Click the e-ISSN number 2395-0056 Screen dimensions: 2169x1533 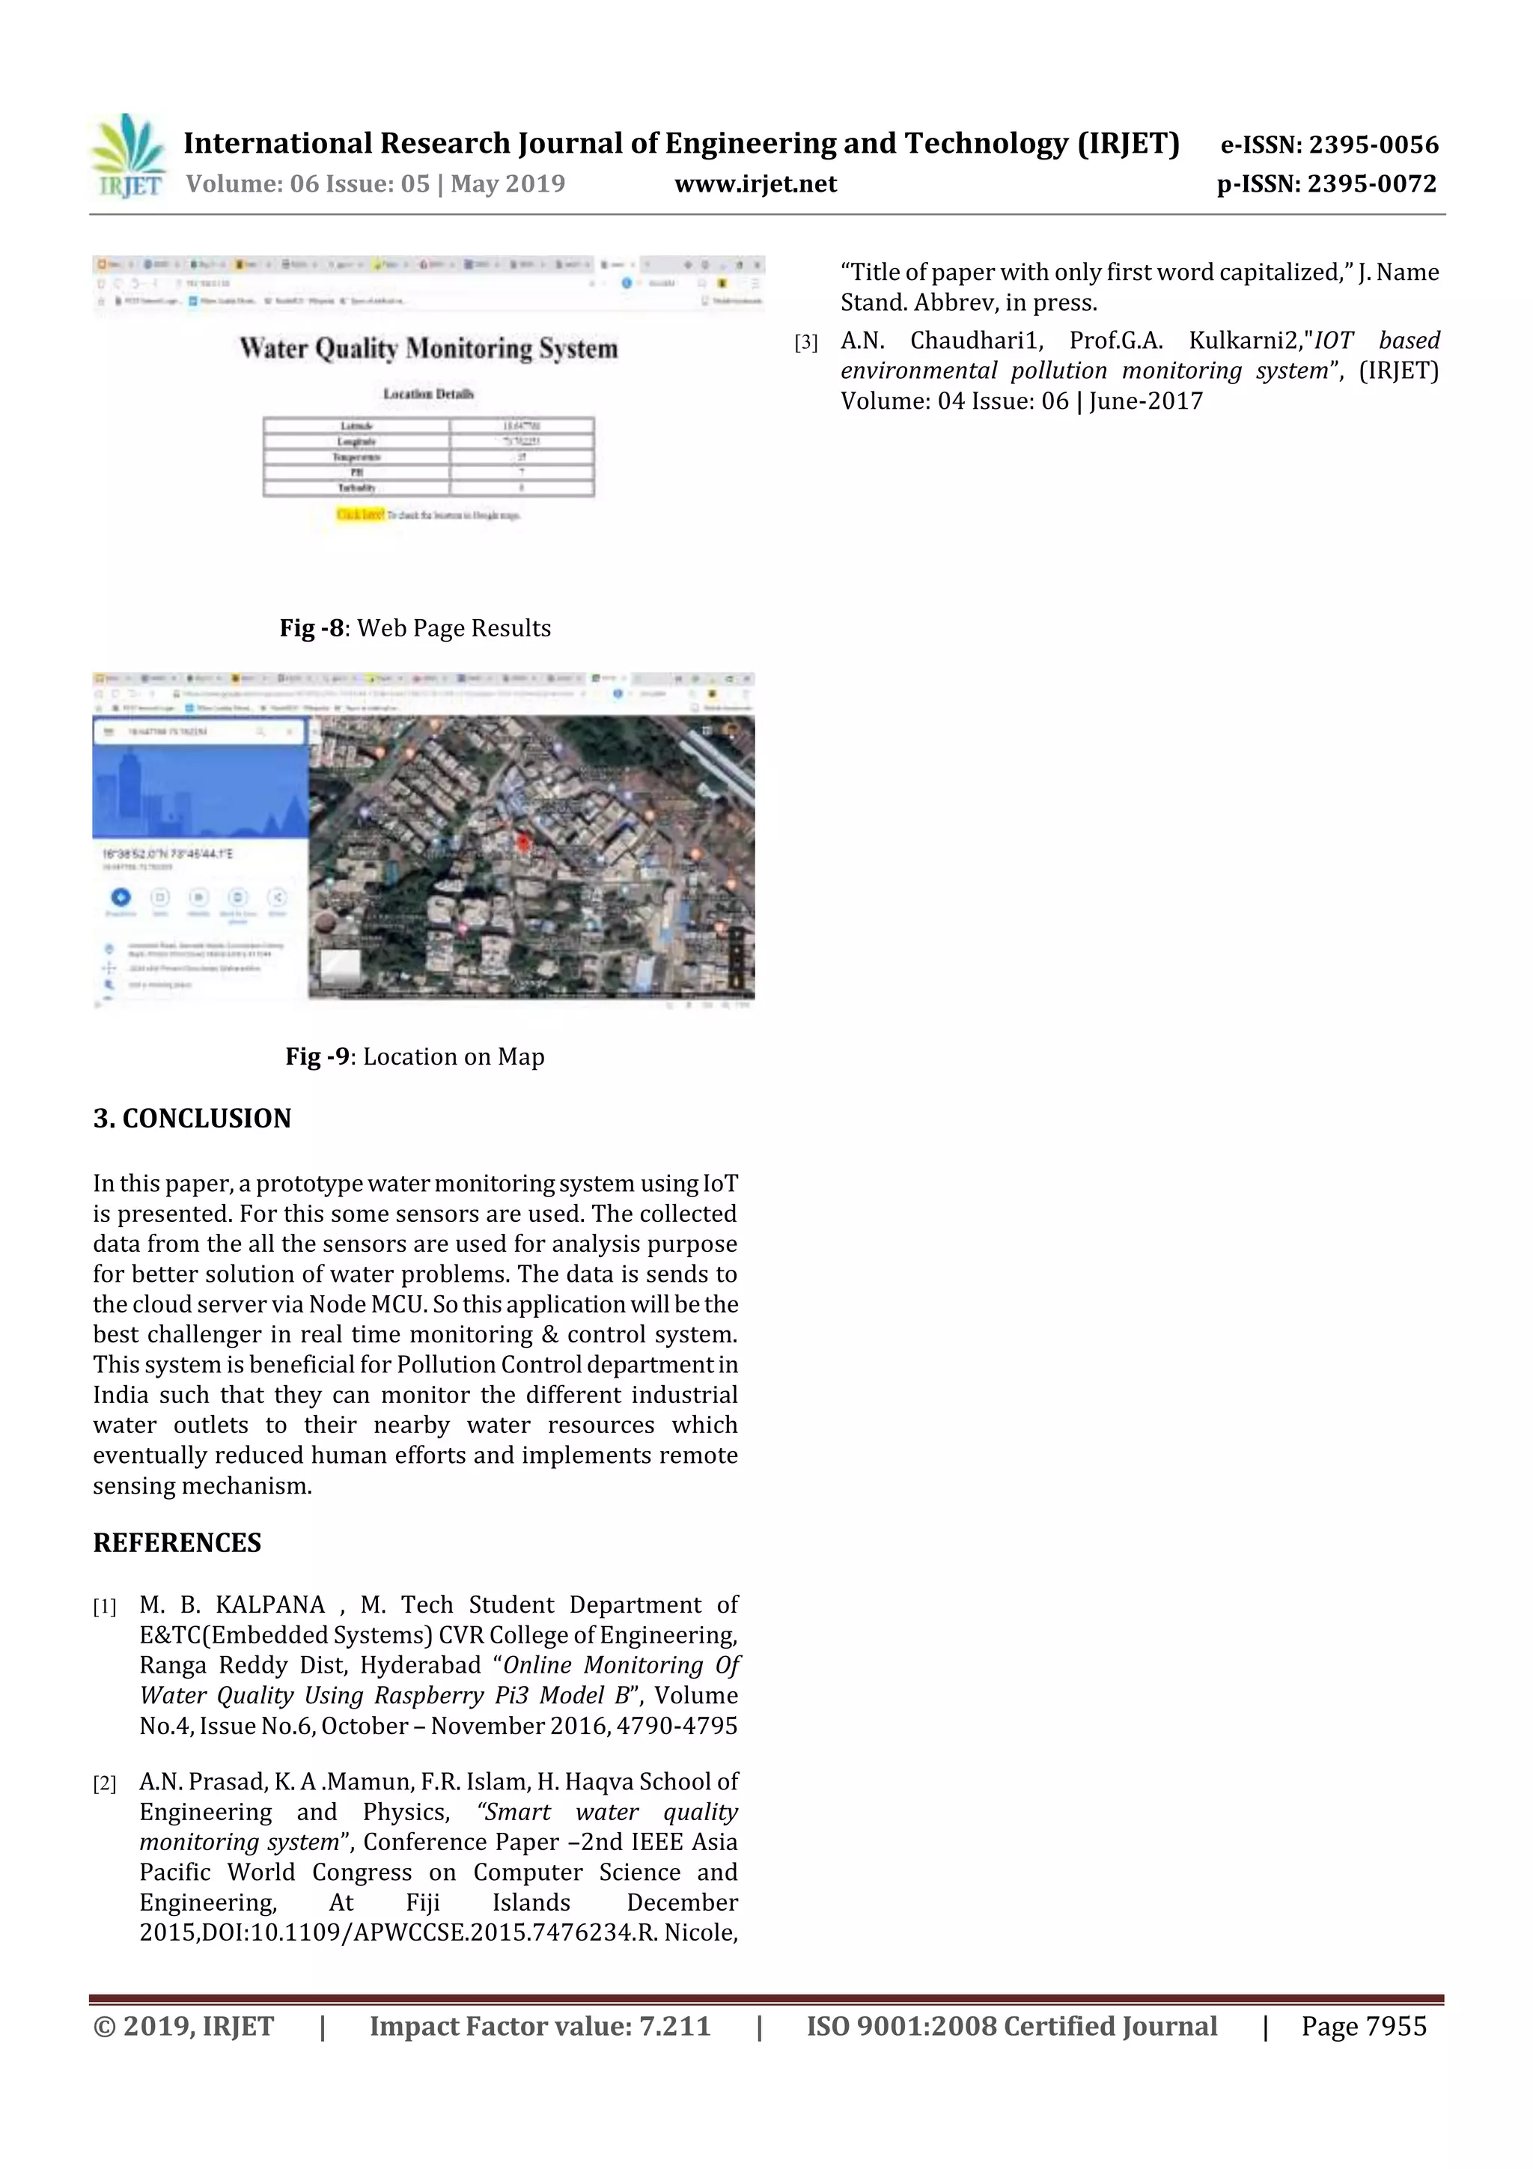pos(1372,145)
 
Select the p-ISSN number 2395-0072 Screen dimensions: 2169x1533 pos(1371,183)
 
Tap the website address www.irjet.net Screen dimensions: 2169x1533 pos(755,183)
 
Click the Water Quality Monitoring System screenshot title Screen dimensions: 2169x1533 pos(428,349)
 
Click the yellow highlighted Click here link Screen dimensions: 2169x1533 pos(360,515)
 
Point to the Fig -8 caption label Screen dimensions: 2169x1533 pos(314,628)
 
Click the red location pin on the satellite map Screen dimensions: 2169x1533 pos(520,842)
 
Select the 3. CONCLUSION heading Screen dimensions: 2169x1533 pos(192,1119)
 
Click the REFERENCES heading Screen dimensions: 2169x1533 pos(177,1542)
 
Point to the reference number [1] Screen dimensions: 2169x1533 pos(104,1607)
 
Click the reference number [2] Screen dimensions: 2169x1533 pos(104,1783)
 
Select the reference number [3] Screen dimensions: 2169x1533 pos(805,343)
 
